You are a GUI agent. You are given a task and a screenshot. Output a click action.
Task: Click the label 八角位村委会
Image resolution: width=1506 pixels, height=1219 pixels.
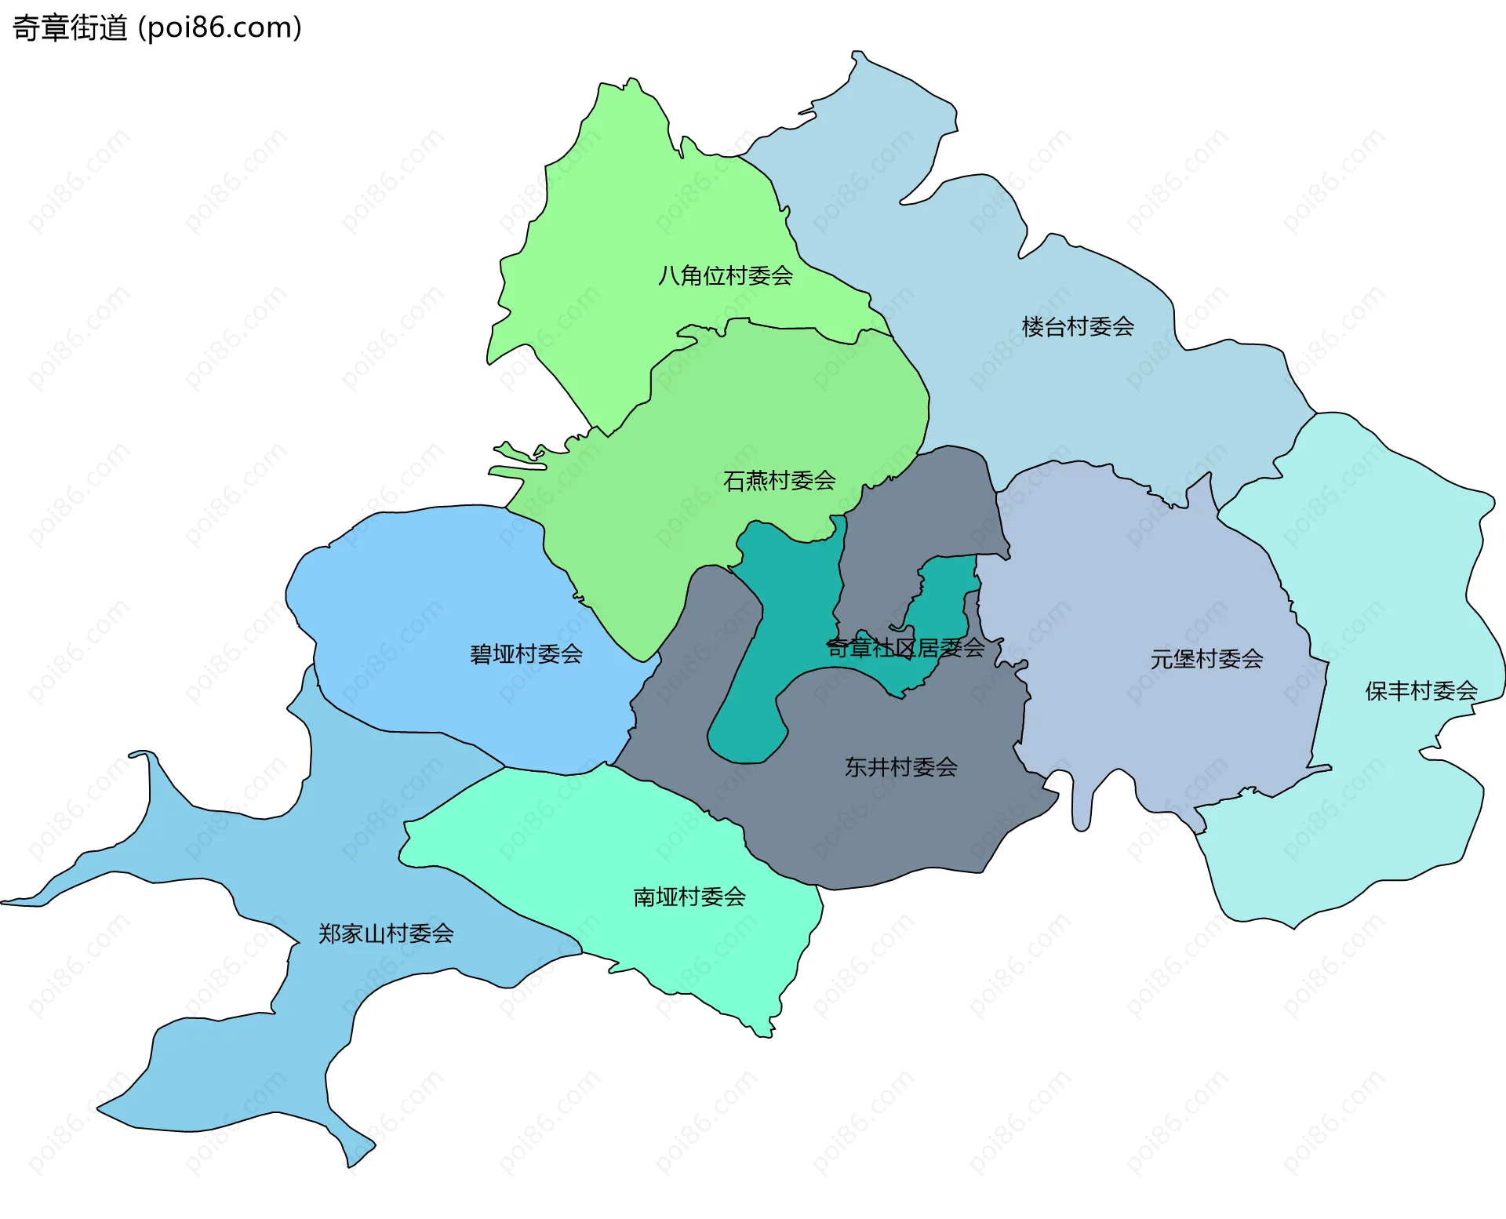point(726,276)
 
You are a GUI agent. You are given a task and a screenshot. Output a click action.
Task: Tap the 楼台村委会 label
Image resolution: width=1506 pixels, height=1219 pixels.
point(1078,327)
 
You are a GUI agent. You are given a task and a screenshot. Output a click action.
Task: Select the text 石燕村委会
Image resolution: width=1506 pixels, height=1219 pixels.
point(779,481)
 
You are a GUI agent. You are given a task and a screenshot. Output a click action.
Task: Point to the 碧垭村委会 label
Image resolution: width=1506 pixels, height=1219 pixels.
point(526,654)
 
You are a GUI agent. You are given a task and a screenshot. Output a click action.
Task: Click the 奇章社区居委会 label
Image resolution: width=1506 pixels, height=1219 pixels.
point(906,648)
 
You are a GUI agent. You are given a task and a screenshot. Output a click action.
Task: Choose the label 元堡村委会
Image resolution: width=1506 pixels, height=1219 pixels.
point(1206,660)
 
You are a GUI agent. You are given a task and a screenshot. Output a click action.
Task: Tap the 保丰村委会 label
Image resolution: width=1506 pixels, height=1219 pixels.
point(1421,691)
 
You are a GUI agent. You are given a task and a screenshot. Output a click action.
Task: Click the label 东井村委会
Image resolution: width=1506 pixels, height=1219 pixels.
point(900,767)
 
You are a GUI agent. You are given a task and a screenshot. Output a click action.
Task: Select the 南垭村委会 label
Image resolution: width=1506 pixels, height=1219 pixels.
point(689,897)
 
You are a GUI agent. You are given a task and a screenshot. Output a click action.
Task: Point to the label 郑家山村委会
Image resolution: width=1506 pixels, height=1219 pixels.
point(386,933)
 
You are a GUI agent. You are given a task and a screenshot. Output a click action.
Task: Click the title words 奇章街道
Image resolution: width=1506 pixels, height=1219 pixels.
point(70,28)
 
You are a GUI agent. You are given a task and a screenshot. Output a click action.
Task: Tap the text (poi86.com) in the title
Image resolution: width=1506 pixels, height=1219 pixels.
point(220,28)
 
